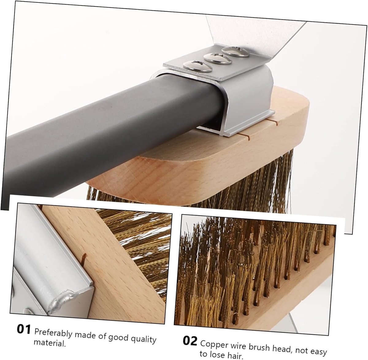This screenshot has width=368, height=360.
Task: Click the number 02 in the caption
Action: click(x=190, y=341)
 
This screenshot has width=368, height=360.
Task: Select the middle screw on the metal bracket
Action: click(x=218, y=59)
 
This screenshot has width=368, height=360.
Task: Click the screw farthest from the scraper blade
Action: click(x=197, y=66)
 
